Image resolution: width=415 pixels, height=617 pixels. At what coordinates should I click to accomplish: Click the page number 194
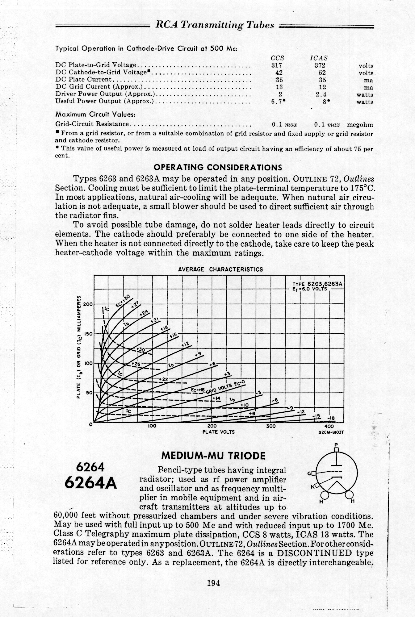[x=213, y=583]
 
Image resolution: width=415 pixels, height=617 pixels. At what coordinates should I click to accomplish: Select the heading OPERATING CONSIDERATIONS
[x=218, y=168]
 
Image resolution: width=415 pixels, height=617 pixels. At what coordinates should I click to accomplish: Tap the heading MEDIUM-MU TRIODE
[x=213, y=456]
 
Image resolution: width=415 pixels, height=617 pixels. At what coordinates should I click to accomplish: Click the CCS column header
[x=277, y=58]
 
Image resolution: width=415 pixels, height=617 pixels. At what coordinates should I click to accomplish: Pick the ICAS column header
[x=319, y=58]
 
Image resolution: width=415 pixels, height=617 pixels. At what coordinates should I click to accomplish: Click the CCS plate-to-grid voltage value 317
[x=277, y=65]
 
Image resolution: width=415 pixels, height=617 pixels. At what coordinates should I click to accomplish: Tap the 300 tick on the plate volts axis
[x=270, y=427]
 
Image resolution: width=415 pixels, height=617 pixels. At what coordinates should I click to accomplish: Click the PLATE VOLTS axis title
[x=218, y=432]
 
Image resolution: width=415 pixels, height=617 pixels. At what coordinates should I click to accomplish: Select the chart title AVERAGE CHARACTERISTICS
[x=220, y=269]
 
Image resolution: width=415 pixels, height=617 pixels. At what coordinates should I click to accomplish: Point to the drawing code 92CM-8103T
[x=331, y=432]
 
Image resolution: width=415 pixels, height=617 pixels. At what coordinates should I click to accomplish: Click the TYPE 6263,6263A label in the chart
[x=317, y=284]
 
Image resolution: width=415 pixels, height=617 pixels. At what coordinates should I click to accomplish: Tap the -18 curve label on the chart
[x=331, y=419]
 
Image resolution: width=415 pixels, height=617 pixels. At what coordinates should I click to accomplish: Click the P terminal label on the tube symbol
[x=336, y=444]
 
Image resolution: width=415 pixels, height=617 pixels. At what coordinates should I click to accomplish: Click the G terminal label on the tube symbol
[x=309, y=473]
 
